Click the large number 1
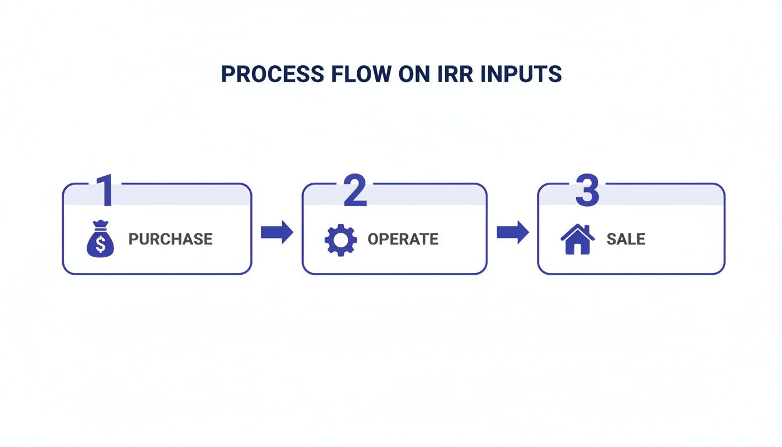click(104, 190)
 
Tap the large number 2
click(355, 190)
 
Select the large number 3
click(586, 190)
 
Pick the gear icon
click(340, 239)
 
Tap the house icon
click(577, 239)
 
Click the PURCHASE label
click(170, 239)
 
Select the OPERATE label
click(403, 239)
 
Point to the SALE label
click(625, 239)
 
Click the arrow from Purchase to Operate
click(277, 233)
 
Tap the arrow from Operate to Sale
click(513, 233)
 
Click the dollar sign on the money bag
click(101, 244)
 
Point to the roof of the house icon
click(577, 230)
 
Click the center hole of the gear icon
click(340, 239)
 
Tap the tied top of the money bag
click(101, 224)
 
